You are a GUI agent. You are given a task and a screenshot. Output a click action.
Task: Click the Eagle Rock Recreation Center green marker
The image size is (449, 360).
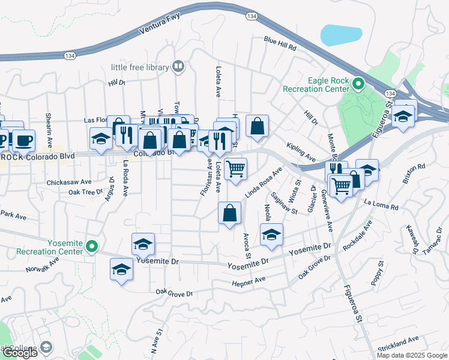359,84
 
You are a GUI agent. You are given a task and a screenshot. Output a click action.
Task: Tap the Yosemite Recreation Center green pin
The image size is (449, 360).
92,246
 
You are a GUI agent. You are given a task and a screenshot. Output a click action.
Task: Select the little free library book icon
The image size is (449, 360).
178,67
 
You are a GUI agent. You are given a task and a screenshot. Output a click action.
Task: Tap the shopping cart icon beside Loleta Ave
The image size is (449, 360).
236,169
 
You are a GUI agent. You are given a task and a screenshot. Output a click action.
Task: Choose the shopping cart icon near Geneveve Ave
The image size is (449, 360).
341,187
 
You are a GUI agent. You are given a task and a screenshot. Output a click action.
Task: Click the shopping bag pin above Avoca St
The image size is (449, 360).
230,213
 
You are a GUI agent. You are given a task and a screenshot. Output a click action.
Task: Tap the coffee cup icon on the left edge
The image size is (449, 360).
23,140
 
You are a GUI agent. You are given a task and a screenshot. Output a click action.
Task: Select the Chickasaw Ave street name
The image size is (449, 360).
69,181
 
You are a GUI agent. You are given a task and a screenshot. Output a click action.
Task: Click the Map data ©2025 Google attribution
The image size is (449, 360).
412,355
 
